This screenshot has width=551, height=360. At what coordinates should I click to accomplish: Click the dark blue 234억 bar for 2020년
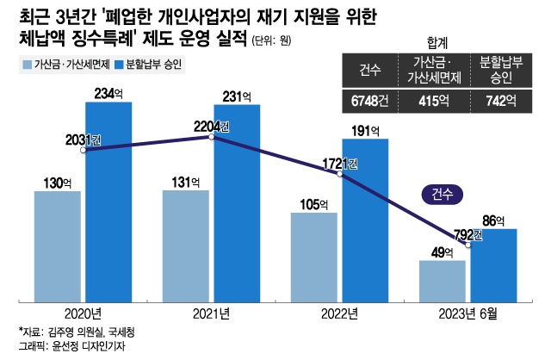(108, 202)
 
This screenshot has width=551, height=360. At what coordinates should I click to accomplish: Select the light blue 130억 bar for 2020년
(58, 246)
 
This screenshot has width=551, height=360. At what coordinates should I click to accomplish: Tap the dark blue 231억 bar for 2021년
(237, 203)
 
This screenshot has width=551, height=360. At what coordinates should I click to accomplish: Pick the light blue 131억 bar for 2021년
(186, 246)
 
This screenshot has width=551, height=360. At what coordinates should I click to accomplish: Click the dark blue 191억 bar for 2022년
(365, 220)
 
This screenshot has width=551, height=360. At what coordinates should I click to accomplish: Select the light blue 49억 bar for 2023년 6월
(443, 281)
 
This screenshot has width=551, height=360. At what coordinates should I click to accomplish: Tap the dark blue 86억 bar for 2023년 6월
(493, 265)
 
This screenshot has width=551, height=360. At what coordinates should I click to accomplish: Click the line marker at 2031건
(84, 150)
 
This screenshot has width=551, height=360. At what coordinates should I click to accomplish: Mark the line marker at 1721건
(340, 173)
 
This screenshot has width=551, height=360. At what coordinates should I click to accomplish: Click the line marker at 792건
(468, 244)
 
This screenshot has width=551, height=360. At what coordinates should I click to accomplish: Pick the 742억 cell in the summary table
(498, 101)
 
